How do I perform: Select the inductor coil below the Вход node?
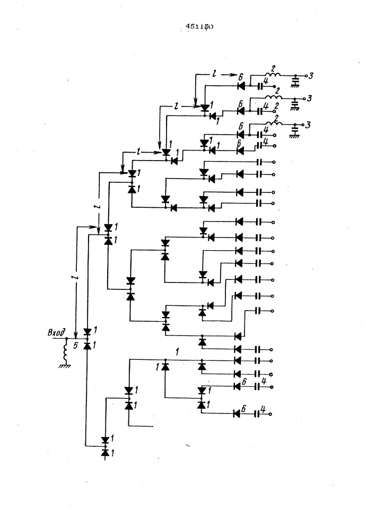tap(66, 350)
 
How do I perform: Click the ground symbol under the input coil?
tap(66, 365)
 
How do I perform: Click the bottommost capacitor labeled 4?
tap(259, 413)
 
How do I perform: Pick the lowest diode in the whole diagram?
tap(105, 453)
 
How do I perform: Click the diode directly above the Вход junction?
tap(88, 331)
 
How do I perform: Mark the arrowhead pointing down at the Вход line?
tap(75, 334)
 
